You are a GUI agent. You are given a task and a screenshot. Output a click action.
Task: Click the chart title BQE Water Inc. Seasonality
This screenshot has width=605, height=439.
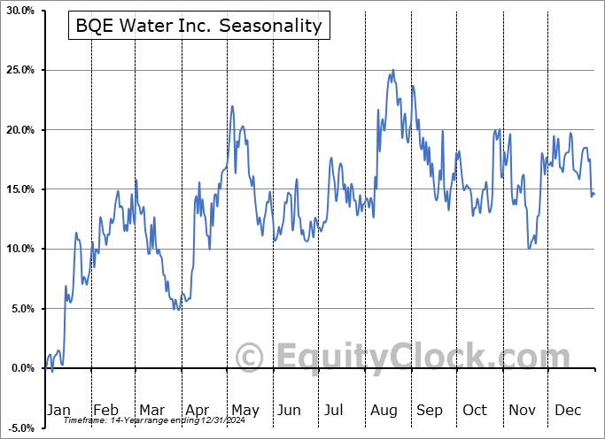click(x=198, y=26)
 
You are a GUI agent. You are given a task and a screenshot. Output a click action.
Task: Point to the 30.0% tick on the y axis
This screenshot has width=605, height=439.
click(x=19, y=11)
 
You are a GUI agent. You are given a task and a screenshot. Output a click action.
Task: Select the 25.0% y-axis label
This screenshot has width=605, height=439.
click(x=19, y=70)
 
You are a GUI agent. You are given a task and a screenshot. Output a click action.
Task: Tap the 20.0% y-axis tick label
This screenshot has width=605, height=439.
click(x=19, y=130)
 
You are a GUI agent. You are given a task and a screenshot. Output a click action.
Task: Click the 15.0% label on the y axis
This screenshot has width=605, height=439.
click(x=19, y=189)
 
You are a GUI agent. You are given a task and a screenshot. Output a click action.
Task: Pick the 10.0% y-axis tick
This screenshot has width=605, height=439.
click(x=19, y=249)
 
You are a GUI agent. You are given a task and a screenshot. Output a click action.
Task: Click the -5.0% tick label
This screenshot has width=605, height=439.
click(x=19, y=427)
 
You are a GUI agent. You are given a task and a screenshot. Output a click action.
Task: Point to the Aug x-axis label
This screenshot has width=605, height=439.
click(x=384, y=410)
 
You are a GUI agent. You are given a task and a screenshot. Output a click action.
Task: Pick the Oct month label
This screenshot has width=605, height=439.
click(x=475, y=410)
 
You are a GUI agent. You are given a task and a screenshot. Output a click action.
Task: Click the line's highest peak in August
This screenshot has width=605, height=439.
click(x=393, y=70)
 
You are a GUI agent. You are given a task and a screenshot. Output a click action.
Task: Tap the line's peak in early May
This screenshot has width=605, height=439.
click(x=232, y=106)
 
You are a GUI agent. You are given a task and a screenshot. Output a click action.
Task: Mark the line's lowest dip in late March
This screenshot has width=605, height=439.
click(x=177, y=309)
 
